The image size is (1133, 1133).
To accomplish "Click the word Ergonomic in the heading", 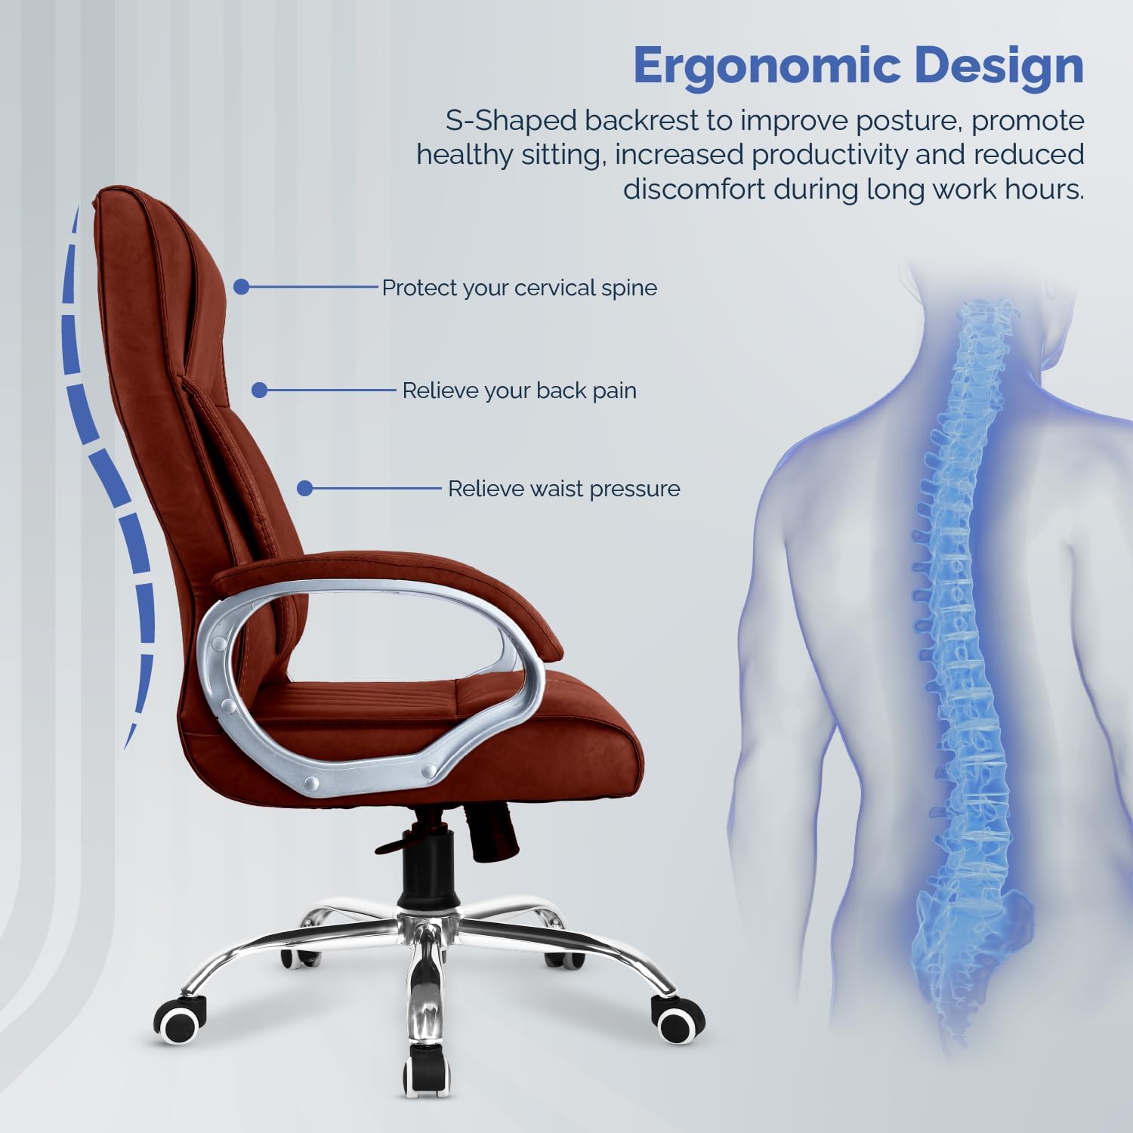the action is pyautogui.click(x=767, y=66).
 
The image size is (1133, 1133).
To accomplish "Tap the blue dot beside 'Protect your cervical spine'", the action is pyautogui.click(x=241, y=287).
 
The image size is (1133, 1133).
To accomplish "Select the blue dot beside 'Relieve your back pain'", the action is pyautogui.click(x=259, y=390).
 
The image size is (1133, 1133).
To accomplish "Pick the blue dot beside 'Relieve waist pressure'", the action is pyautogui.click(x=304, y=488).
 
